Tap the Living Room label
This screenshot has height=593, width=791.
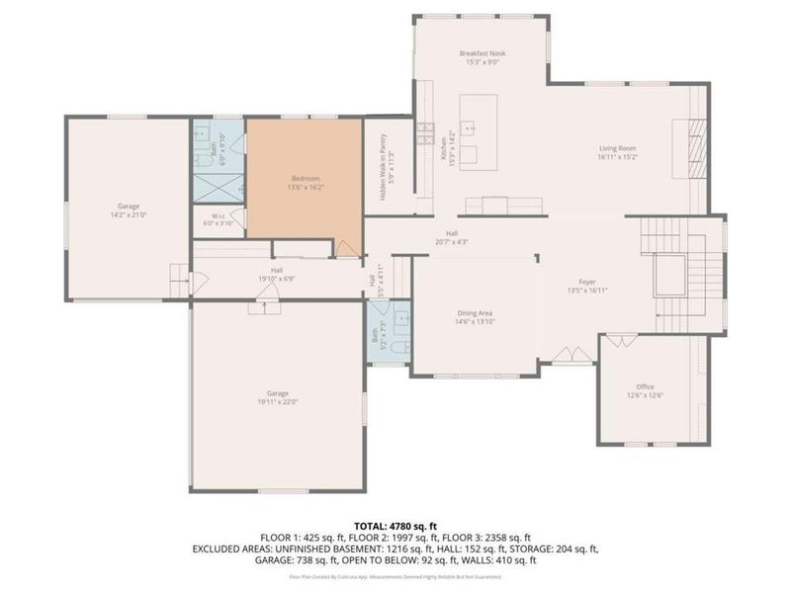(617, 149)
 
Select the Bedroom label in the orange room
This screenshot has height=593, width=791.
(306, 179)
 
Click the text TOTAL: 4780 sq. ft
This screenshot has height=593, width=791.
(395, 526)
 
